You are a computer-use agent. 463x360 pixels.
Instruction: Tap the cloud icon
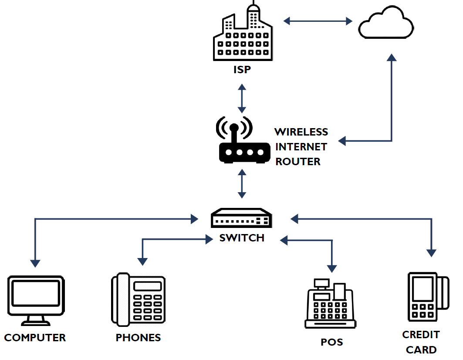coord(386,23)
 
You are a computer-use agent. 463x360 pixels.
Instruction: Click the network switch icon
coord(242,218)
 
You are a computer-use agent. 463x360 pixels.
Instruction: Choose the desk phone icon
coord(138,299)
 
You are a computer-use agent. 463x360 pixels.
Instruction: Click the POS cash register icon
coord(331,303)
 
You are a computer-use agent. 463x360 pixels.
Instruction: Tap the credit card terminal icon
coord(429,297)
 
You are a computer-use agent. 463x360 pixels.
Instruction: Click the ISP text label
coord(242,70)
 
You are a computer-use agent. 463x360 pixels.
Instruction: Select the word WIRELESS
coord(301,132)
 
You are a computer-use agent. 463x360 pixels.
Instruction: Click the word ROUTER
coord(298,162)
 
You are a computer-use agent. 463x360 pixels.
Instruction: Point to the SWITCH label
coord(242,238)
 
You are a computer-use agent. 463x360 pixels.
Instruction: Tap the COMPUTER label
coord(35,337)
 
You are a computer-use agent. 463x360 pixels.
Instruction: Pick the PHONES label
coord(138,337)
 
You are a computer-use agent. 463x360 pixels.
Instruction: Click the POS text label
coord(332,342)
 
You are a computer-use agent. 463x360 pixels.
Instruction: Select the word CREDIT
coord(421,335)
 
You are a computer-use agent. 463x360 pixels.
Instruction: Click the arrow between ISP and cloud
coord(318,21)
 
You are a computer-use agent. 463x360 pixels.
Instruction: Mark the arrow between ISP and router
coord(242,98)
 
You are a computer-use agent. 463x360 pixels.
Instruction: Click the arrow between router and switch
coord(242,183)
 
